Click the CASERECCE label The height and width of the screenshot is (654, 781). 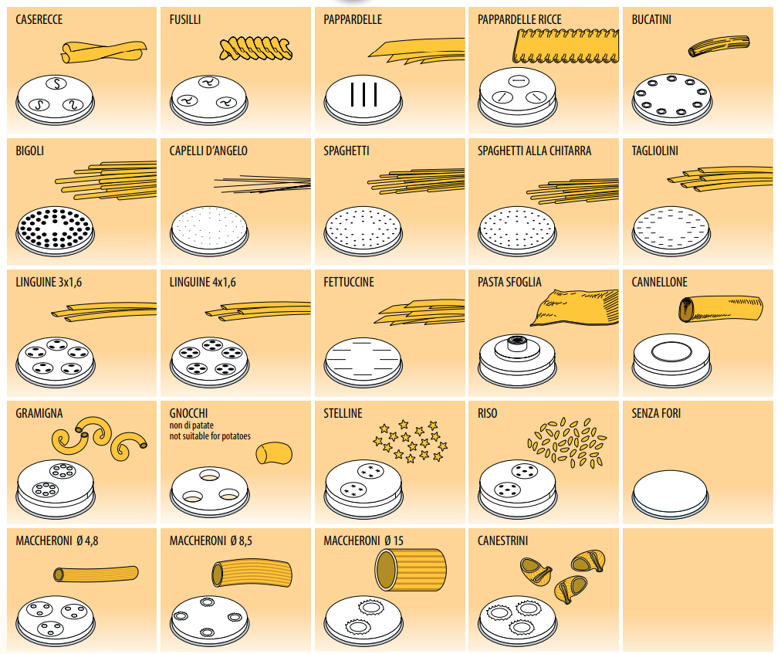[x=39, y=19]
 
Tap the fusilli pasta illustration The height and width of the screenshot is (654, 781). [x=255, y=48]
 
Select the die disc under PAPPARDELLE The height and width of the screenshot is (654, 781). [x=363, y=98]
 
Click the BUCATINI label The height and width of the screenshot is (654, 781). [x=651, y=19]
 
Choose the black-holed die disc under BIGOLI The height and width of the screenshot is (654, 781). [x=56, y=230]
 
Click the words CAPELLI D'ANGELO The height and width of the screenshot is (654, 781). [x=208, y=151]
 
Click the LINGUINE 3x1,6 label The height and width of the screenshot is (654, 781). [x=49, y=282]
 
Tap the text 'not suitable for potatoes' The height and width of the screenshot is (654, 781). [x=210, y=436]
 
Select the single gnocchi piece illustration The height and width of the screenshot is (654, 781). [x=275, y=452]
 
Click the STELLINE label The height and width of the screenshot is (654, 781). [x=343, y=413]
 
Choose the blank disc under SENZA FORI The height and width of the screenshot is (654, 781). [x=671, y=491]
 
